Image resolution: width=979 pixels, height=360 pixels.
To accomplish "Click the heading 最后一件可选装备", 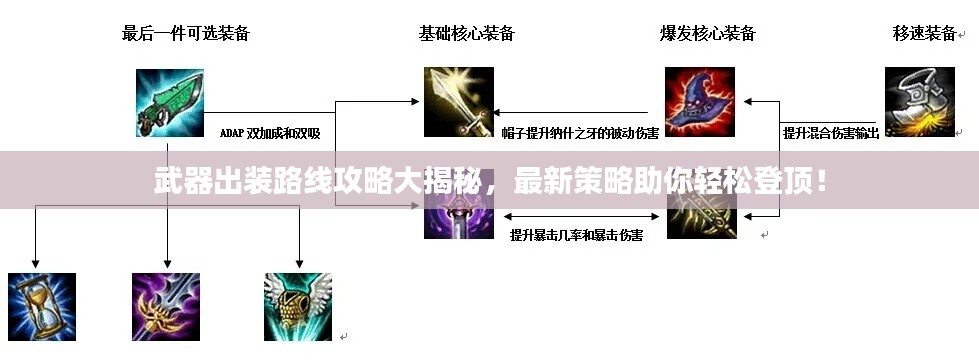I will point(186,34).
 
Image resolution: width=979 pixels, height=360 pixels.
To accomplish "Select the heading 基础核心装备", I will point(467,34).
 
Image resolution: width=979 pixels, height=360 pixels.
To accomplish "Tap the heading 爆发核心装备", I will point(708,34).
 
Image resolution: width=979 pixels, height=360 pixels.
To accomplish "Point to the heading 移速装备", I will point(924,34).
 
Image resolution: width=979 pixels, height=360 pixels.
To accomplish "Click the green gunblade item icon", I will point(170,102).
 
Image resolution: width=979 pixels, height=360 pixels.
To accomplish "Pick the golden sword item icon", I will point(459,102).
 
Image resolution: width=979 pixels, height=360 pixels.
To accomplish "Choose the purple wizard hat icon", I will point(700,102).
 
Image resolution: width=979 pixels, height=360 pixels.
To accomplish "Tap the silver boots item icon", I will point(920,102).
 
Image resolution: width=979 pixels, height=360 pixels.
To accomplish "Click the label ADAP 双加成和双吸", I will point(270,132).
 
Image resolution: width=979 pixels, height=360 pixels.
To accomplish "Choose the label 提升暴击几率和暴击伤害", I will point(576,235).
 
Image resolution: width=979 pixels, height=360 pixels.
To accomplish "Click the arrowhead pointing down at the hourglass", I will point(36,261).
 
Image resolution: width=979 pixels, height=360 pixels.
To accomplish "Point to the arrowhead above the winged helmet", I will point(298,261).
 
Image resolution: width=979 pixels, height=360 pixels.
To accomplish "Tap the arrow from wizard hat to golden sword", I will point(506,112).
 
